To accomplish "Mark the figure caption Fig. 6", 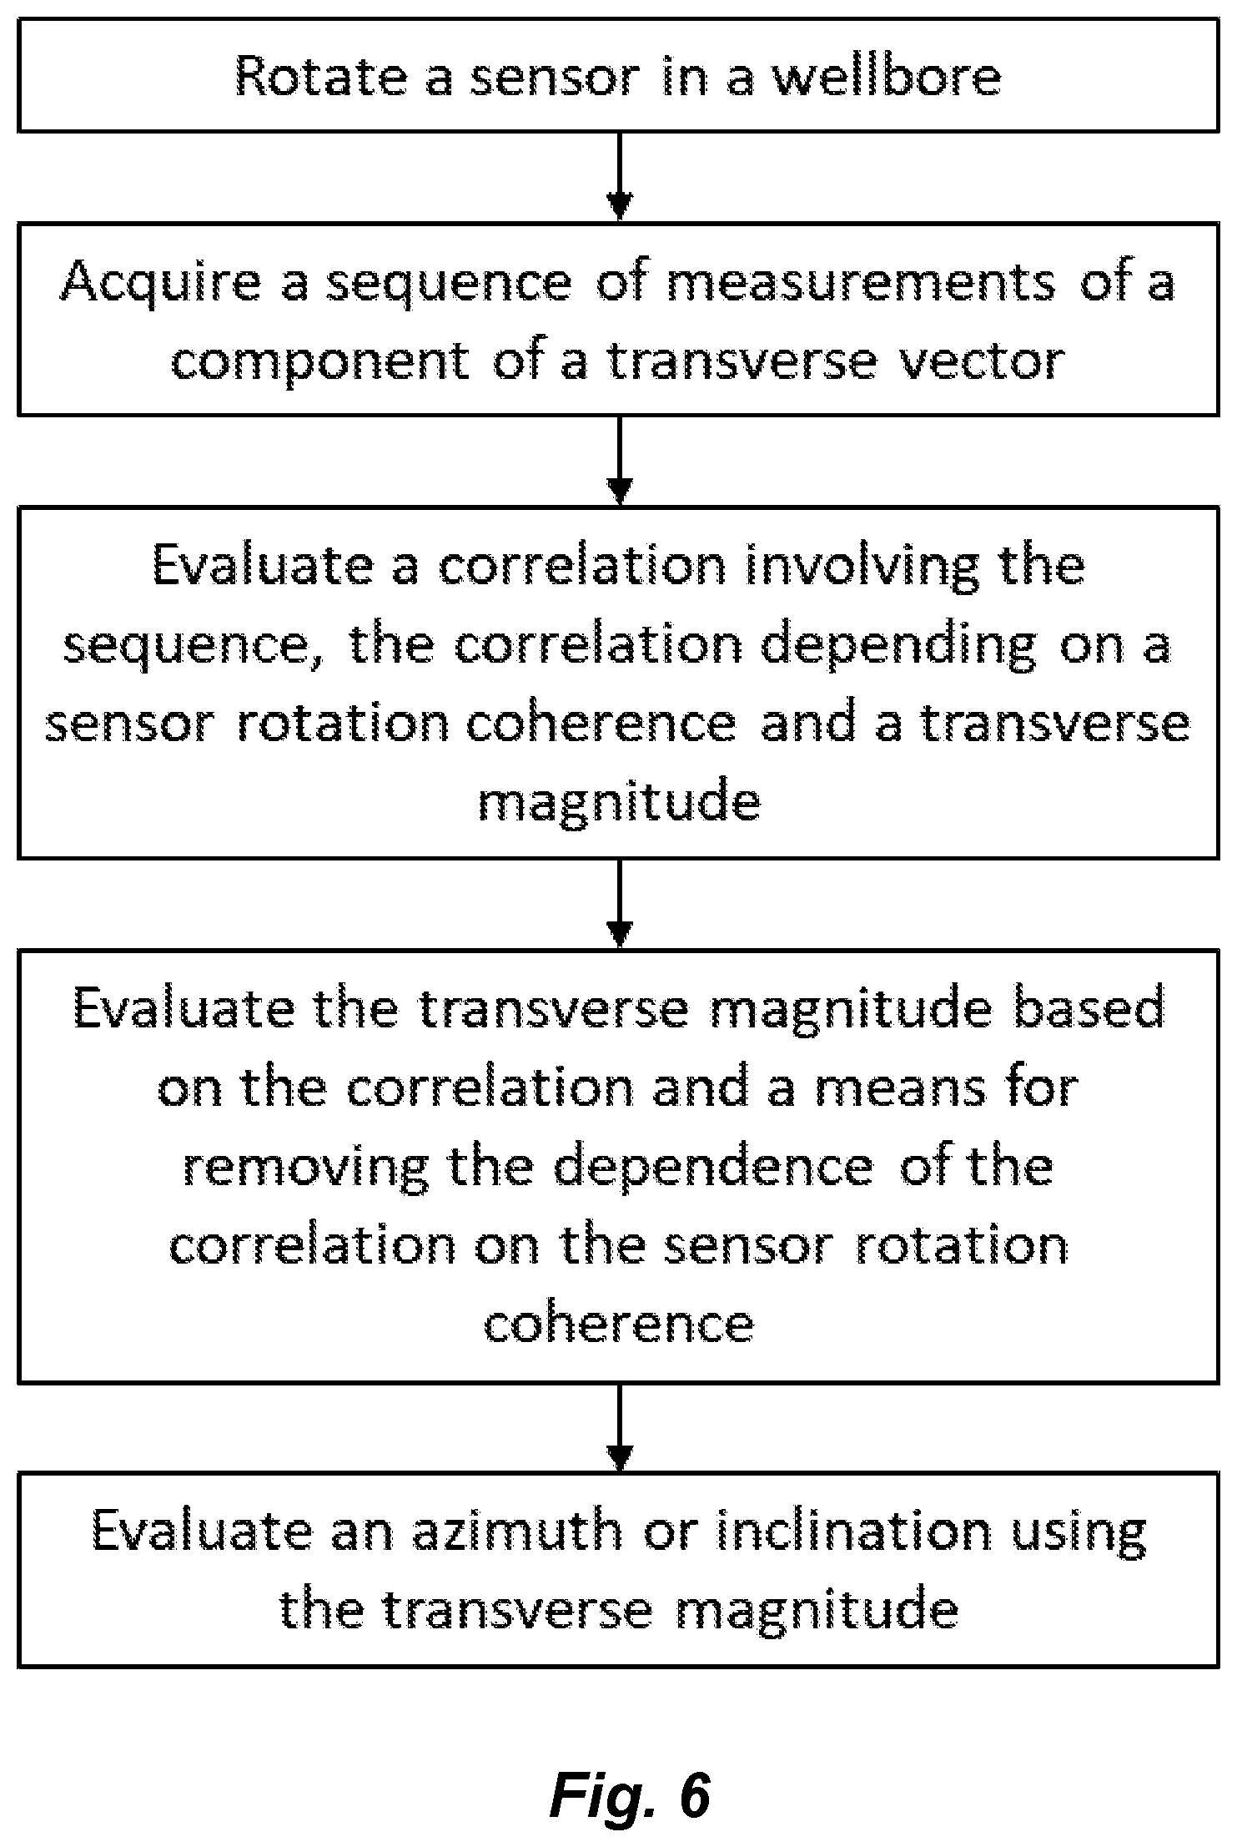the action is click(x=631, y=1794).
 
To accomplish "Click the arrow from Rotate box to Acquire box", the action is click(x=619, y=176).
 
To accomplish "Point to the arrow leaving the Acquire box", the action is click(x=619, y=460).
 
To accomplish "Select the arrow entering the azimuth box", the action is click(x=619, y=1428).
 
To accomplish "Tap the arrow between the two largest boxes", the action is click(x=619, y=904).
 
